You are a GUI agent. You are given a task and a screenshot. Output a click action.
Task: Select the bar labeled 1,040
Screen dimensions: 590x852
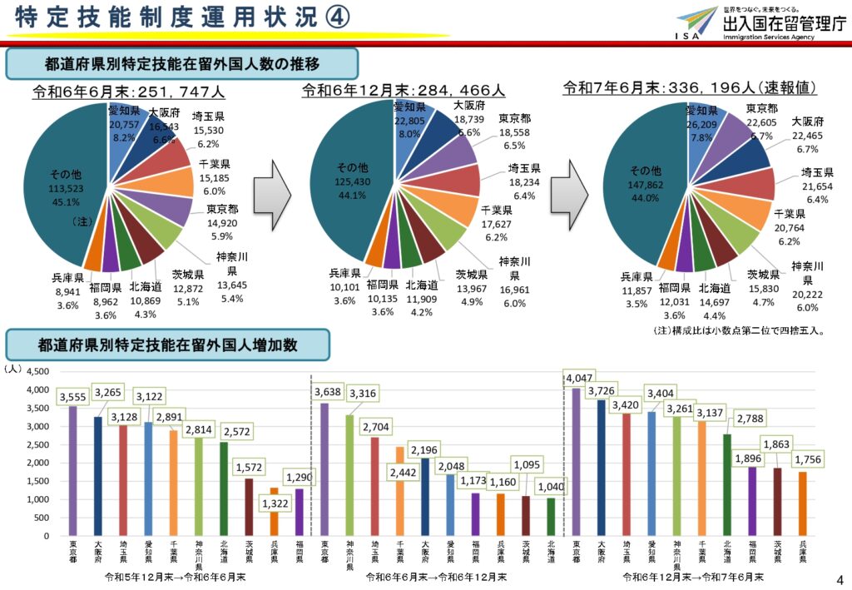pos(550,517)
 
